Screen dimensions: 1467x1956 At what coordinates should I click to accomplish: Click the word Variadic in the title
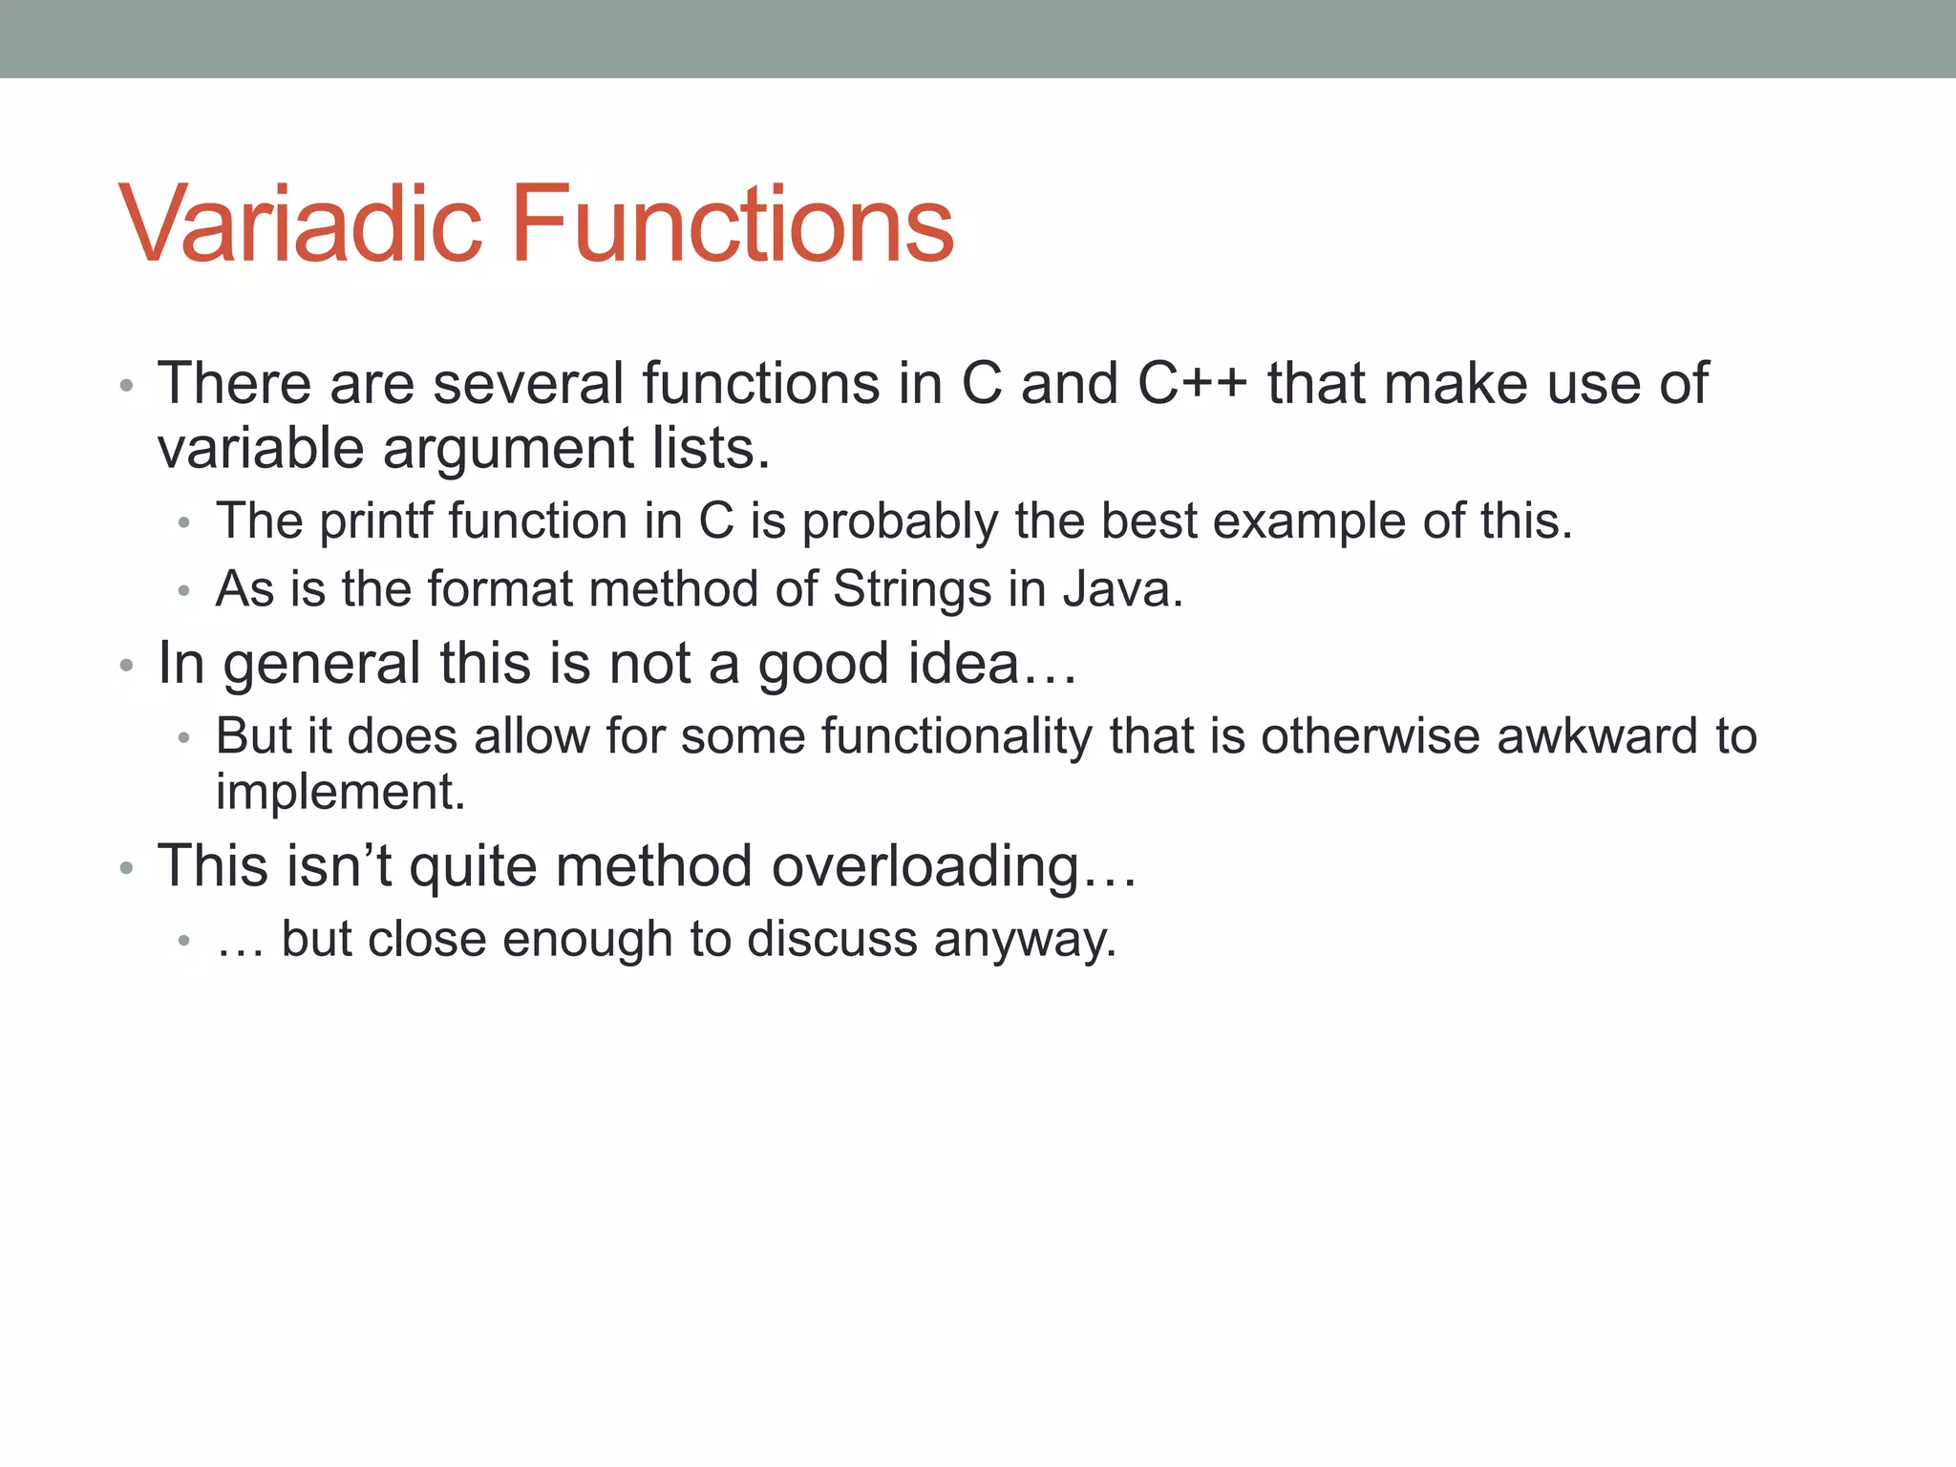[x=300, y=225]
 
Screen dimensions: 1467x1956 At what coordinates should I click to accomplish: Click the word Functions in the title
[x=733, y=225]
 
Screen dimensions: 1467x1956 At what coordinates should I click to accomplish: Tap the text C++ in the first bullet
[x=1192, y=384]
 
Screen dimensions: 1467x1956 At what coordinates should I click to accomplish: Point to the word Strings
[x=912, y=589]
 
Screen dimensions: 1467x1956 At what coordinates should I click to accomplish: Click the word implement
[x=340, y=792]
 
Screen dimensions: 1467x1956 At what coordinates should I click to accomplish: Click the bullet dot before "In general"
[x=126, y=666]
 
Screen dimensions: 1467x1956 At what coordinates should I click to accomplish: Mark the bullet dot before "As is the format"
[x=184, y=592]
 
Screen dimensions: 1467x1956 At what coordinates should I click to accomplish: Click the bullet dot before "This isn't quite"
[x=126, y=869]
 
